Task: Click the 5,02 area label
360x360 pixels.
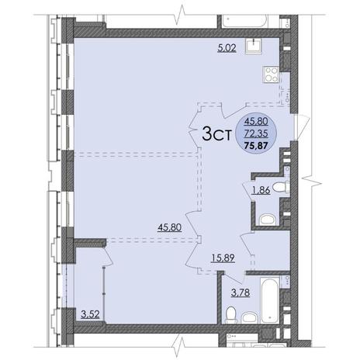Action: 227,48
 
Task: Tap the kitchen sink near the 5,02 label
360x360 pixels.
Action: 254,47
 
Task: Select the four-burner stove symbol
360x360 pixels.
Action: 271,74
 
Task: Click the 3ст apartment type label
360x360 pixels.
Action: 216,133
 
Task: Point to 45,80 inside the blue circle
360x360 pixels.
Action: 256,121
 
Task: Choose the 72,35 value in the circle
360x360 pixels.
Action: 256,134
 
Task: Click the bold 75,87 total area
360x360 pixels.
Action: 256,147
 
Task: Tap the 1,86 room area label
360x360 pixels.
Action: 261,191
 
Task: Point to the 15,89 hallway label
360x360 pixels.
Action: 223,258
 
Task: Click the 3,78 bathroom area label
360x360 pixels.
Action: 241,292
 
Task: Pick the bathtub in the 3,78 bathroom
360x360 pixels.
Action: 271,299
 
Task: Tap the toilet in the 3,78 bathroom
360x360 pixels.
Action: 231,315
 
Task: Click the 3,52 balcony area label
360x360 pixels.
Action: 90,314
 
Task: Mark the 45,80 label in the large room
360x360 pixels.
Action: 170,227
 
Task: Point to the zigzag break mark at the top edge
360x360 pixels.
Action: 181,13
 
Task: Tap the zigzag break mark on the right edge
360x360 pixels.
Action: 312,183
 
